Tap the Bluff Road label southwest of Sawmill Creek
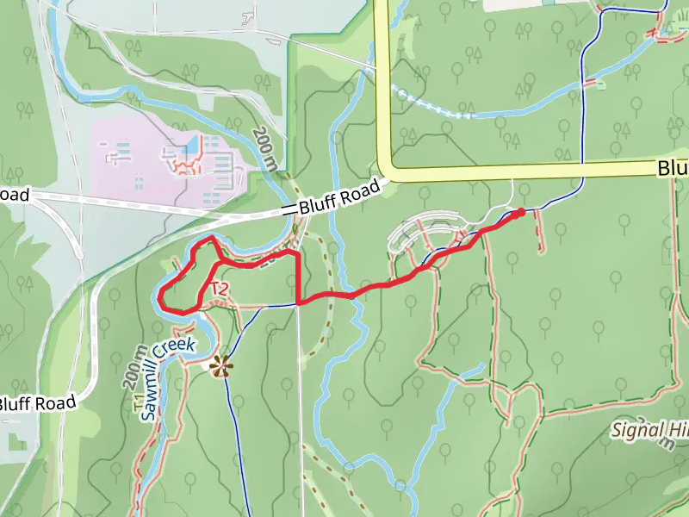[x=38, y=402]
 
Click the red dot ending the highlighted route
[x=520, y=212]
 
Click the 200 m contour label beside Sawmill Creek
[x=132, y=373]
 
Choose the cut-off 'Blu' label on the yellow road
[x=673, y=169]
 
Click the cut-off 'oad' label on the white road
[x=14, y=196]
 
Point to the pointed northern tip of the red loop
[x=211, y=236]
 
